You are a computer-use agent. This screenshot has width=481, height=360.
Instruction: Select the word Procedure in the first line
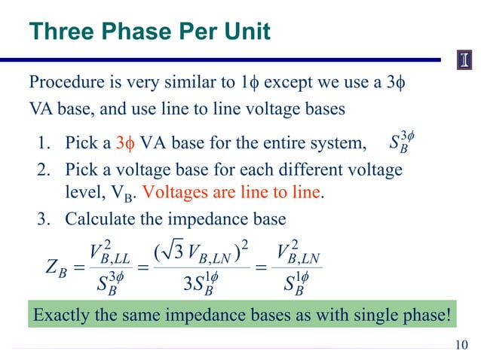(63, 82)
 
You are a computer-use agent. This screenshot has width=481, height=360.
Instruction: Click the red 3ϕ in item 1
(123, 142)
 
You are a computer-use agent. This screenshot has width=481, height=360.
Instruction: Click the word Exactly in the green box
(62, 314)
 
